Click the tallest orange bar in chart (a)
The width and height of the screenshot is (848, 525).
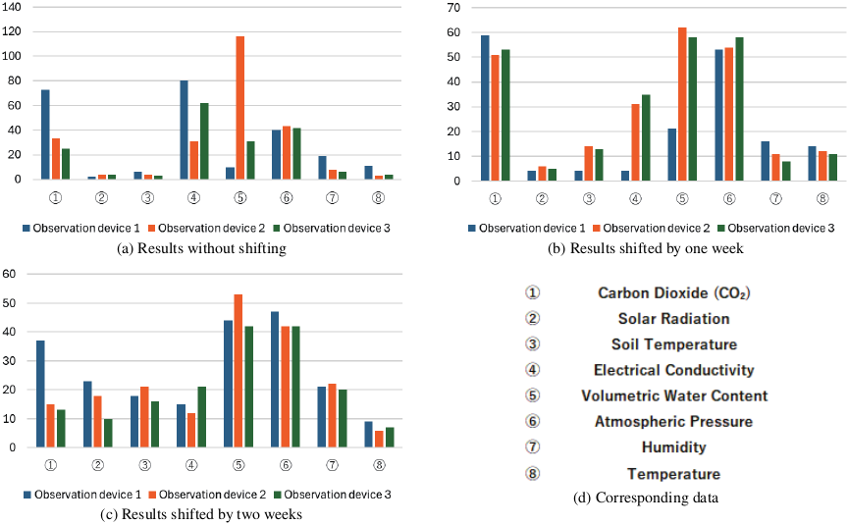click(240, 108)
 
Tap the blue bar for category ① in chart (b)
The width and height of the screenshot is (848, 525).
click(485, 108)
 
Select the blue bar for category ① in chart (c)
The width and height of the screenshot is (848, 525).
click(41, 394)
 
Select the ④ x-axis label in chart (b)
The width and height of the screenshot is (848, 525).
click(635, 198)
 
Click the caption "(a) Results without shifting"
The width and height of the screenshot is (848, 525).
click(201, 248)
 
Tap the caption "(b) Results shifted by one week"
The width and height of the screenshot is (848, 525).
click(645, 248)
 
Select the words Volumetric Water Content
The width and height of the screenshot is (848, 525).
click(673, 395)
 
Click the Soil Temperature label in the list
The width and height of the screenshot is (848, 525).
click(673, 343)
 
